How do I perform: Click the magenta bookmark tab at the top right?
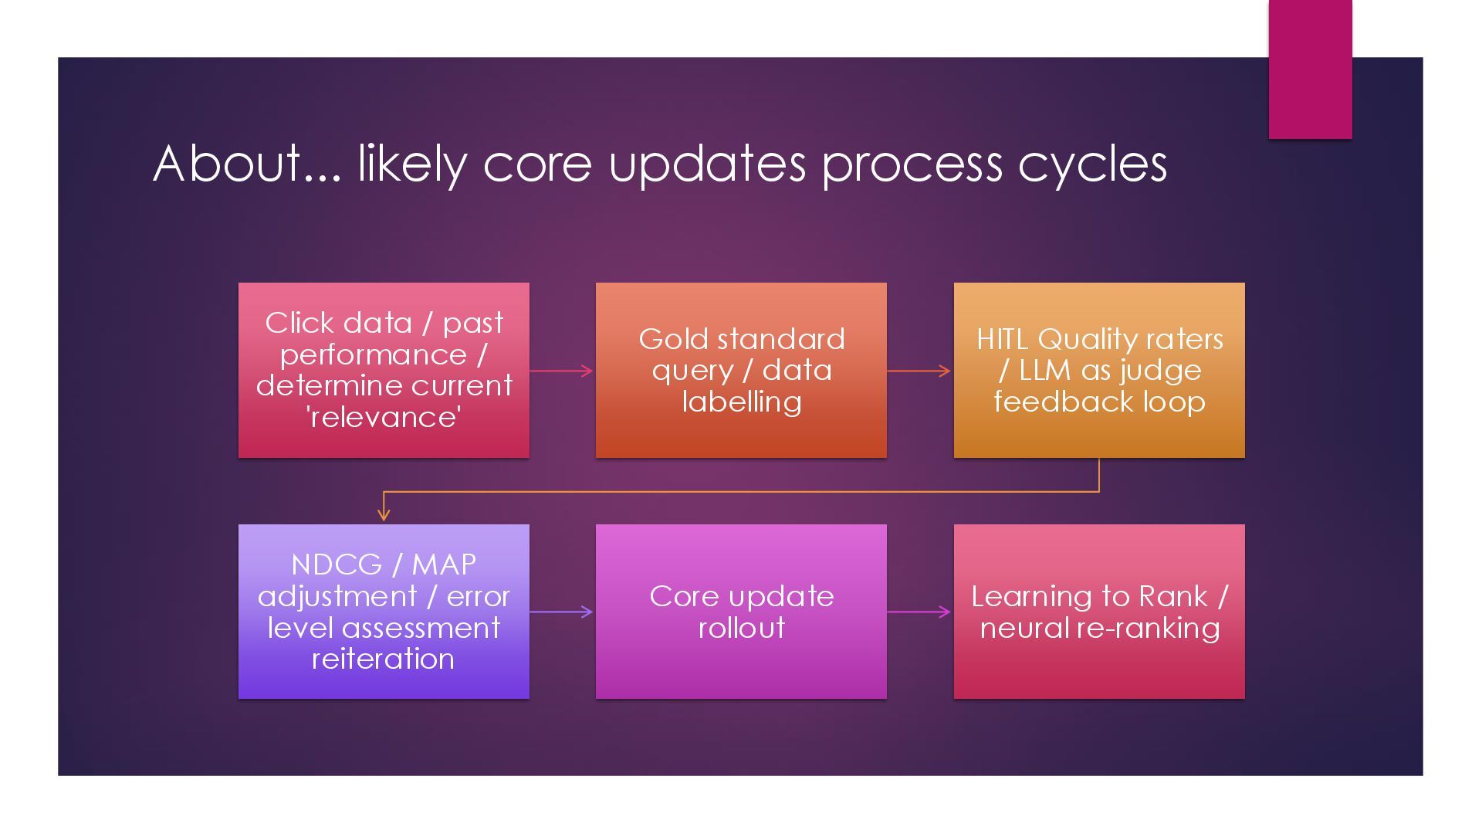pos(1310,69)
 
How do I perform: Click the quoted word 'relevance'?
pos(384,417)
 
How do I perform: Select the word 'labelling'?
pos(741,402)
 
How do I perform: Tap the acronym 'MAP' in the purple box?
pos(444,564)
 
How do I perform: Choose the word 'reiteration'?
pos(383,659)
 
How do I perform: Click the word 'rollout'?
pos(741,628)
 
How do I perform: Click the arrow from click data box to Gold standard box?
pos(562,371)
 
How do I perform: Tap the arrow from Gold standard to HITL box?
pos(919,371)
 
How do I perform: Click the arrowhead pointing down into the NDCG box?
pos(384,514)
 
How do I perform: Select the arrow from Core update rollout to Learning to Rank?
pos(919,612)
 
